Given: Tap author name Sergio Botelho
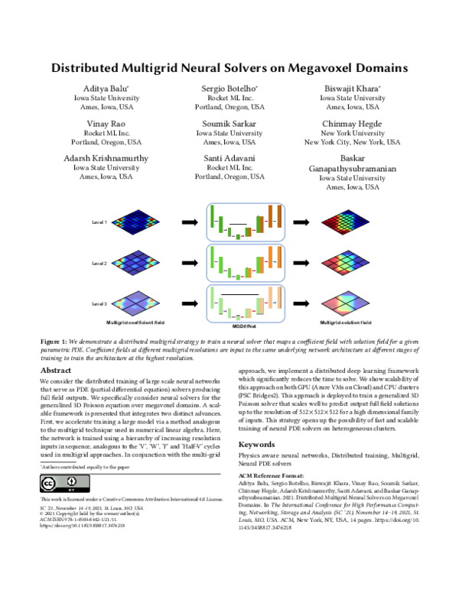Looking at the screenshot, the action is click(229, 88).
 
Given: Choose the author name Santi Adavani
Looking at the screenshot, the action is click(229, 158).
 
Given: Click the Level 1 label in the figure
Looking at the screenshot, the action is click(99, 222).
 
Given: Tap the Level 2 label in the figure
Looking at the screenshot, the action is click(99, 262).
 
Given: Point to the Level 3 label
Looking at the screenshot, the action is click(99, 303).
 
